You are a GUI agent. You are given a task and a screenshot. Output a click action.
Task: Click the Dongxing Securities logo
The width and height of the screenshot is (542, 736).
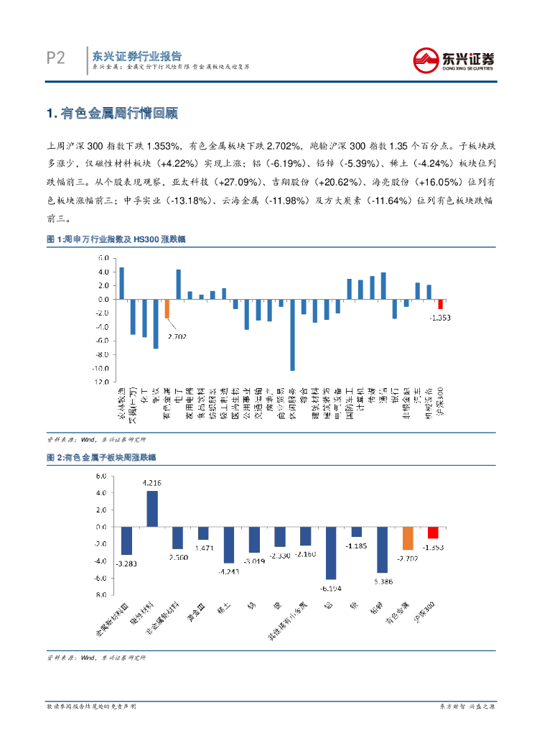pyautogui.click(x=453, y=59)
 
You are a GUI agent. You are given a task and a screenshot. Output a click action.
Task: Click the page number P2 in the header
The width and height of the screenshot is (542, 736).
pyautogui.click(x=55, y=58)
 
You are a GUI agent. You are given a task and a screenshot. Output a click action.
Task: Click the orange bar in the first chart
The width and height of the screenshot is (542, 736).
pyautogui.click(x=167, y=308)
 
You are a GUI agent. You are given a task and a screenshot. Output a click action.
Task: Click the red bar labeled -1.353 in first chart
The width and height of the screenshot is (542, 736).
pyautogui.click(x=440, y=304)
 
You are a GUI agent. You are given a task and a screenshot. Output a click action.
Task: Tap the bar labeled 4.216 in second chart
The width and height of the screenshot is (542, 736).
pyautogui.click(x=152, y=508)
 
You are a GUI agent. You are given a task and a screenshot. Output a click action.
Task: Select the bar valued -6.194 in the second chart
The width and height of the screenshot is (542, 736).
pyautogui.click(x=331, y=553)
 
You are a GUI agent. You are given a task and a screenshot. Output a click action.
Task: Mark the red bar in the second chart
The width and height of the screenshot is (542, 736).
pyautogui.click(x=433, y=533)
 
